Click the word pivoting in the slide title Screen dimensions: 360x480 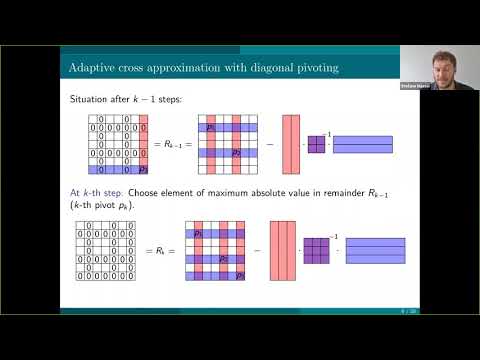pos(307,69)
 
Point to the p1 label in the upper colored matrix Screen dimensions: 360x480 pos(211,127)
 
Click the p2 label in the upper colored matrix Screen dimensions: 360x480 pos(236,153)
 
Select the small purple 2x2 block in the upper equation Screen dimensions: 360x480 pos(315,145)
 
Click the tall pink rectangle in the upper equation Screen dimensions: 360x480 pos(291,145)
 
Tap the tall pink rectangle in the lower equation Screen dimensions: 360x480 pos(284,249)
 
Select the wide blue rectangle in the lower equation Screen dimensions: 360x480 pos(370,249)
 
